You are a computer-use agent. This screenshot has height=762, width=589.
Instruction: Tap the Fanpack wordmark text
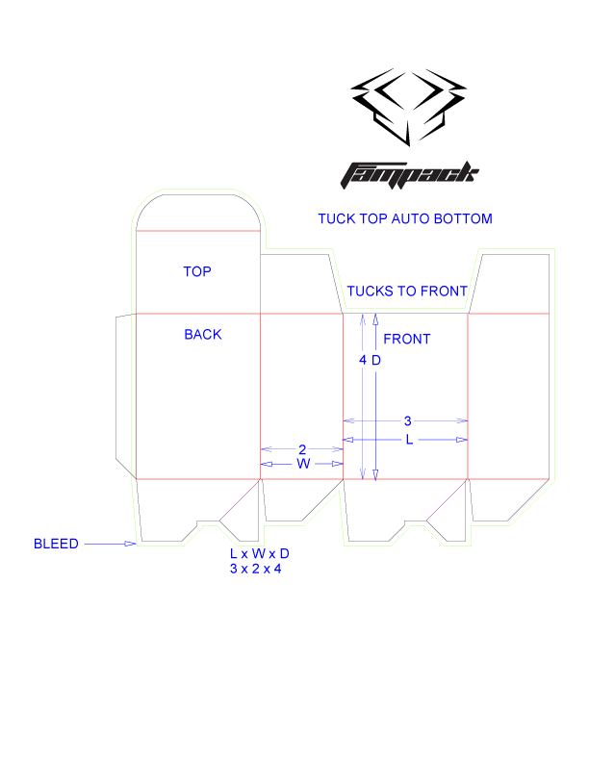(409, 174)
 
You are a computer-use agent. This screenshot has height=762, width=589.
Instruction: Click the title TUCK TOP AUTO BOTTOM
(404, 219)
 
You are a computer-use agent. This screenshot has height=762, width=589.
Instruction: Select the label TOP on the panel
(197, 272)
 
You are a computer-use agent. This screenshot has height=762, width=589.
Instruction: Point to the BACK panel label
(203, 335)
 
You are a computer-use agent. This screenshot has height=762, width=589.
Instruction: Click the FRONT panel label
(407, 340)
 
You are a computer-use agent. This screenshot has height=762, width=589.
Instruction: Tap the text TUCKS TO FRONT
(407, 292)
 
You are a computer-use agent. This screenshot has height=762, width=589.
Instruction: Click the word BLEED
(56, 544)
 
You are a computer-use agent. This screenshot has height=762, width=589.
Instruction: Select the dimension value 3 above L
(407, 421)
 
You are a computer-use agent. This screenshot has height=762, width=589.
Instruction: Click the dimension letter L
(409, 440)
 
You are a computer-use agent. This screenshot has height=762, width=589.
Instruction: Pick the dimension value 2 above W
(302, 449)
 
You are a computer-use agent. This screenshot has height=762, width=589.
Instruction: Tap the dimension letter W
(303, 464)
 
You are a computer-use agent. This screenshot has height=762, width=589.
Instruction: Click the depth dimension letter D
(377, 361)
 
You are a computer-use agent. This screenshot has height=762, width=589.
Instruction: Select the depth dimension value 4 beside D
(363, 361)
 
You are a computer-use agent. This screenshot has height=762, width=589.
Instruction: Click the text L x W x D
(259, 555)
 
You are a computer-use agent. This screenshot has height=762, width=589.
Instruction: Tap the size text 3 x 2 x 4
(255, 569)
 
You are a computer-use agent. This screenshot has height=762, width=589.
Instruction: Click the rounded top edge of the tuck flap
(198, 191)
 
